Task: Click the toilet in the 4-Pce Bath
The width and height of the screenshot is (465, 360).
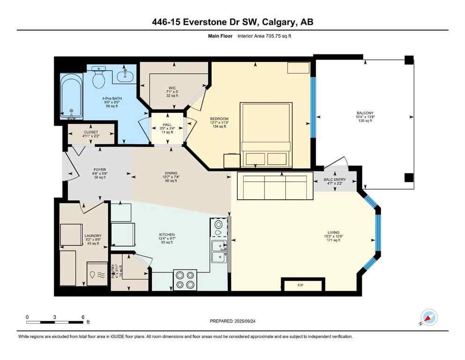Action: click(x=98, y=78)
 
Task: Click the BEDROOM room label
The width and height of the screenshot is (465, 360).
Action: click(x=219, y=119)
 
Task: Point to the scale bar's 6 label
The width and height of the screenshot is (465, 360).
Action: click(x=82, y=317)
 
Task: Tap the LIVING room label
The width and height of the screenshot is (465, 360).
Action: click(x=333, y=232)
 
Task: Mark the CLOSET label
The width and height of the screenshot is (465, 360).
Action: click(x=91, y=132)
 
